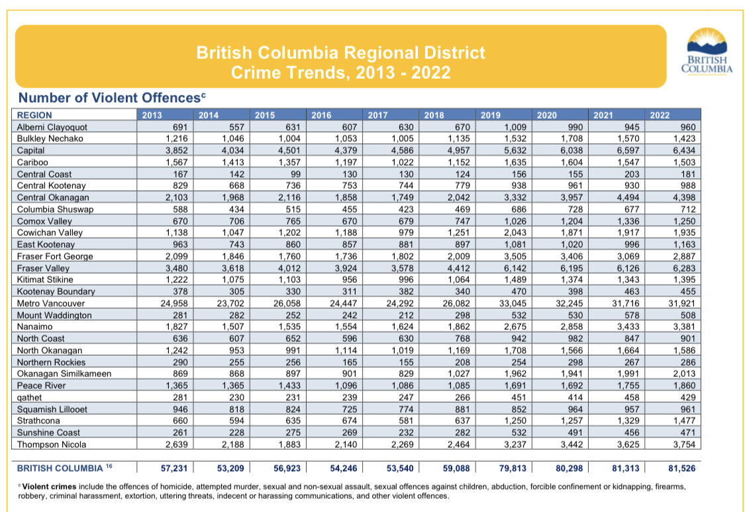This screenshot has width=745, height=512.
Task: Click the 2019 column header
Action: click(490, 115)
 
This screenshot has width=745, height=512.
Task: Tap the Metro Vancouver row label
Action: click(51, 303)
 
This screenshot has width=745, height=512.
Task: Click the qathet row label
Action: click(29, 397)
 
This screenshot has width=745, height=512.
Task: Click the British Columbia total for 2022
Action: click(682, 468)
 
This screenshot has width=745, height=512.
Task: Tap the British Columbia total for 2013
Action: click(174, 468)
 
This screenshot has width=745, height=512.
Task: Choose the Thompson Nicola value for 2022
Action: click(683, 444)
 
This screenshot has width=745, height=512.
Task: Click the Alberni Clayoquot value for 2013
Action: click(180, 127)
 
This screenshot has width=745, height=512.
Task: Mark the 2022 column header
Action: click(660, 115)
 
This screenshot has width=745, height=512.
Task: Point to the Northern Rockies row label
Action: click(51, 362)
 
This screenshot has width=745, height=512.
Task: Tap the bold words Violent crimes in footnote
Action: click(50, 487)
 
